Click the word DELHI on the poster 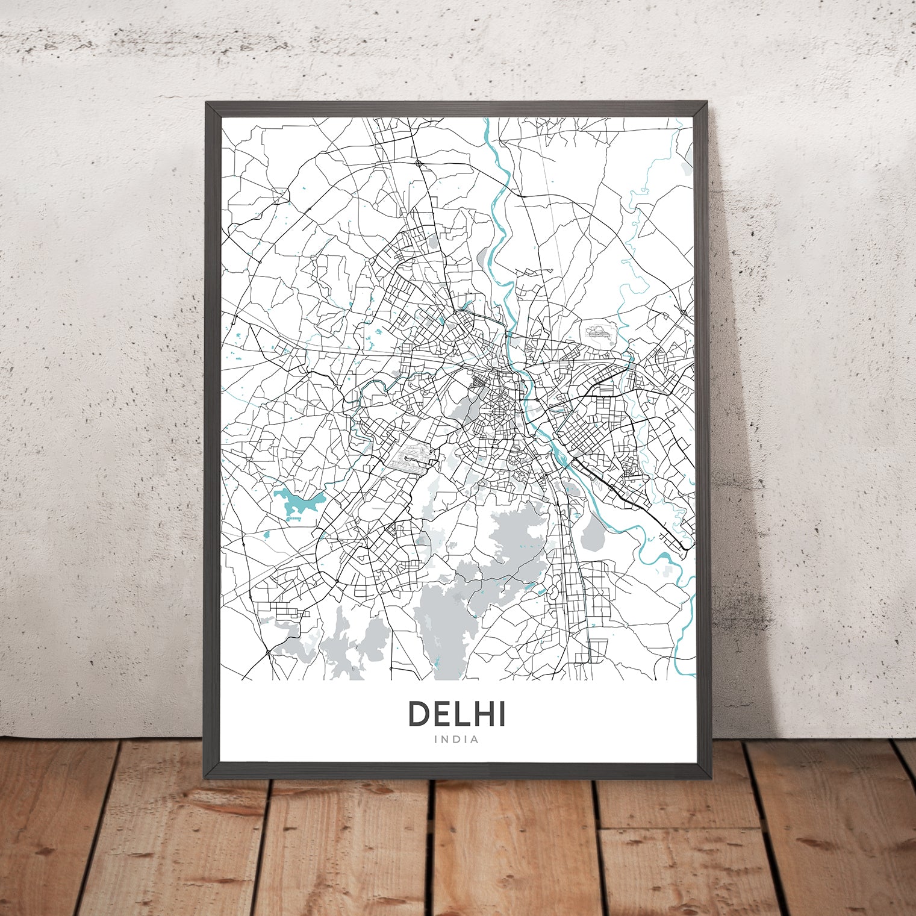(x=457, y=714)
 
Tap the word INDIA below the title (x=457, y=740)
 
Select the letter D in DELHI (x=419, y=714)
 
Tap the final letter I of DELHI (x=501, y=714)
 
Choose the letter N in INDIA (x=447, y=740)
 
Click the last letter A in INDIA (x=475, y=740)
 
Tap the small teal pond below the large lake (x=267, y=534)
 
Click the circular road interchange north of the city (x=418, y=163)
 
